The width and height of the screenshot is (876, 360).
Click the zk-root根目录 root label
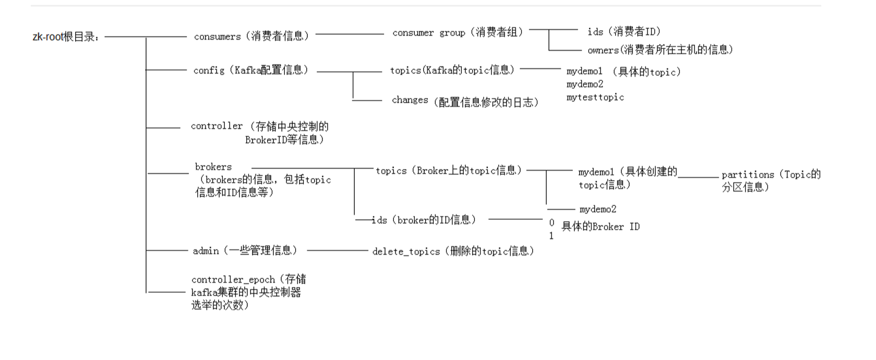[x=66, y=37]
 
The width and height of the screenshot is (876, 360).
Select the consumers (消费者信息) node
[x=251, y=36]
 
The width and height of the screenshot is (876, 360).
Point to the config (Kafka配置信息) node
[x=250, y=70]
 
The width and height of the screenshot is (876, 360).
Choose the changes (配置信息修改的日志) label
[x=464, y=101]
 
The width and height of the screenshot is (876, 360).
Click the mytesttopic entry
[x=595, y=97]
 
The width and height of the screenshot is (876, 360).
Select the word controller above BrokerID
[x=217, y=126]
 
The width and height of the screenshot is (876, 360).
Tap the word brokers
[x=213, y=167]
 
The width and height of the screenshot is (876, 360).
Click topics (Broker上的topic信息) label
[x=448, y=171]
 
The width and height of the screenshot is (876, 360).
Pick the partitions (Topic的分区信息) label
[x=771, y=180]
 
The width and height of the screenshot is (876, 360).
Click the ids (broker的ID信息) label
[x=424, y=220]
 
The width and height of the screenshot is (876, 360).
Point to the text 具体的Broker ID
[x=600, y=226]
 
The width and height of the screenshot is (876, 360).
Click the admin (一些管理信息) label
[x=245, y=250]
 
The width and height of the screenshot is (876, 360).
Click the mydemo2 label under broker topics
[x=597, y=209]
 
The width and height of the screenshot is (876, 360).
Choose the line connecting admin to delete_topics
[x=337, y=250]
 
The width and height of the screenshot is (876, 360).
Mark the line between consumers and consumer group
[x=349, y=34]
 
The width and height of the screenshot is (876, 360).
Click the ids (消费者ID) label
[x=623, y=32]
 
